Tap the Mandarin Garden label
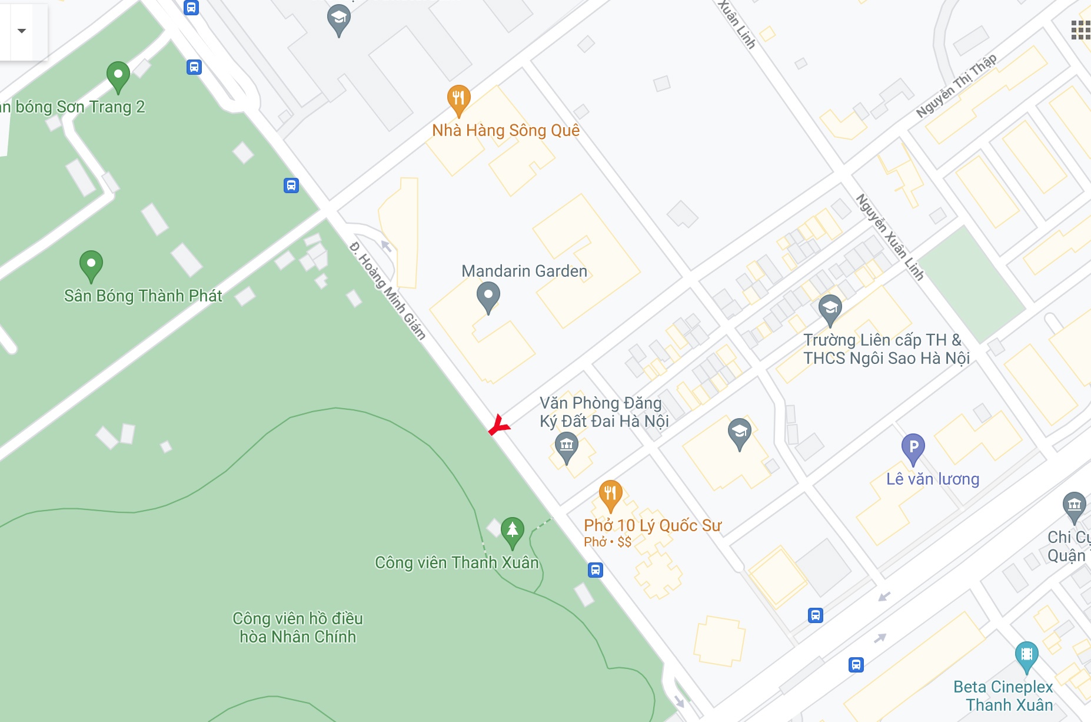pos(524,271)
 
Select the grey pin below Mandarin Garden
pos(488,297)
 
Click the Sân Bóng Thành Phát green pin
pos(91,265)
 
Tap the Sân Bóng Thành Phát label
pos(143,296)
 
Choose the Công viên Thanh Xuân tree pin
pos(513,532)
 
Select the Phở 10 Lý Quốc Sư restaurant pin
pos(610,495)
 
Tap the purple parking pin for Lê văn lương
pos(913,449)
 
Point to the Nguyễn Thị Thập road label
pos(956,85)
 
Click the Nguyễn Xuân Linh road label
pos(890,236)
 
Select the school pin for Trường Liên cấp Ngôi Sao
pos(830,309)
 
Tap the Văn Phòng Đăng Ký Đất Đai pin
pos(566,447)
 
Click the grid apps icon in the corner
pos(1080,30)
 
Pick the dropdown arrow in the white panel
pos(22,31)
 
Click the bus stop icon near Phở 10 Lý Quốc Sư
pos(596,570)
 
